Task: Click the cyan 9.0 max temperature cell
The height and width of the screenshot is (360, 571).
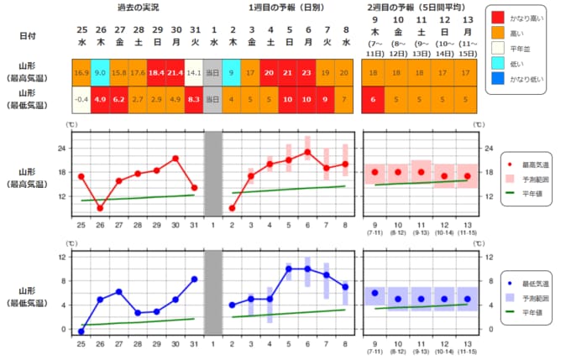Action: pos(100,72)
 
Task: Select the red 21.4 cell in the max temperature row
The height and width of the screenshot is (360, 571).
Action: pos(175,72)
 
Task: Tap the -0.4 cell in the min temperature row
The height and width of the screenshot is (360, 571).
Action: pos(81,99)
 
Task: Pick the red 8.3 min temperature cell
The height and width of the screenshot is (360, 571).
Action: pos(194,99)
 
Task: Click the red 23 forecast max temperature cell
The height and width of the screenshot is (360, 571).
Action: pos(307,72)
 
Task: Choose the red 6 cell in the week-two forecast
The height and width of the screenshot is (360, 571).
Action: pos(375,99)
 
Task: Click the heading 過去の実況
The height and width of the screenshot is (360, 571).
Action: pos(138,8)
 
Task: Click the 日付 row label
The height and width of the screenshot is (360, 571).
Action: pos(28,36)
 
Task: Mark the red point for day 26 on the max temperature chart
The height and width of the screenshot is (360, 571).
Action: pos(100,208)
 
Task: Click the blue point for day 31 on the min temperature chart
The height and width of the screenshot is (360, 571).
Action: pos(194,279)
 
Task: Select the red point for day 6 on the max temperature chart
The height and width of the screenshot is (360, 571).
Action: pos(307,152)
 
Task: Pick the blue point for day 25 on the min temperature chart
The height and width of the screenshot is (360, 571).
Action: pos(81,331)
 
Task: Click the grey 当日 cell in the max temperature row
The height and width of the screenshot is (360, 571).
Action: pos(213,72)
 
